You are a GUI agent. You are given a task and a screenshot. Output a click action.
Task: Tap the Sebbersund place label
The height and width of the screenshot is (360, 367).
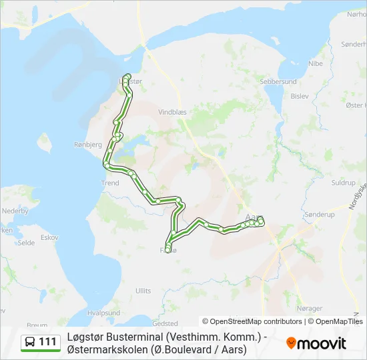[x=279, y=81]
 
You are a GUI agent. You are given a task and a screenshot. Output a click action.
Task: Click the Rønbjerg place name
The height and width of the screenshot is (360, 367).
[x=87, y=144]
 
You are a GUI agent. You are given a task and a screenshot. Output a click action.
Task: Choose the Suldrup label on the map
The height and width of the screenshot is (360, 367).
[x=344, y=182]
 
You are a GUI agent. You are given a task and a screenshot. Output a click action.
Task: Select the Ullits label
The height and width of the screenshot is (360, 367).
[x=143, y=291]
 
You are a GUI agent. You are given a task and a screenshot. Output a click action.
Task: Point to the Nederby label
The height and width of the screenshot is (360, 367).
[x=15, y=211]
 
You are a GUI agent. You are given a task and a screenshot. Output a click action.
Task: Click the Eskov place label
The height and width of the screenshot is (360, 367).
[x=49, y=237]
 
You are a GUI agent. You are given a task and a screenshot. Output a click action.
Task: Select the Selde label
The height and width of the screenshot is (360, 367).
[x=27, y=243]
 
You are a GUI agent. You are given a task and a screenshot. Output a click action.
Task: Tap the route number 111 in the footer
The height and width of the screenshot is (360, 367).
[x=47, y=342]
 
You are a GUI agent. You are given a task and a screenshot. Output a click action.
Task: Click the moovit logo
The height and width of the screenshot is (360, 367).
[x=316, y=343]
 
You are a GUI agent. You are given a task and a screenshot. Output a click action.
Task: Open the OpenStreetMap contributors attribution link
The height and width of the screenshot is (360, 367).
[x=256, y=321]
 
